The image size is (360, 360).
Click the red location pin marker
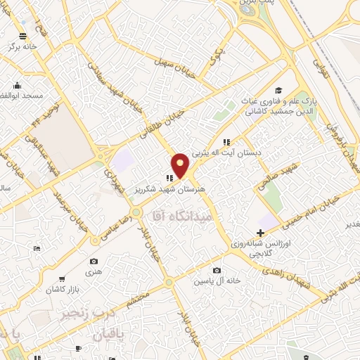click(181, 165)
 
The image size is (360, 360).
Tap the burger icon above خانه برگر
click(23, 36)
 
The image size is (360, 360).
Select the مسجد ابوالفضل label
click(22, 95)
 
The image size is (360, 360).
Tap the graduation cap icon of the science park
click(279, 90)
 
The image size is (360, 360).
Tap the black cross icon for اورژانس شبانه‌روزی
click(261, 233)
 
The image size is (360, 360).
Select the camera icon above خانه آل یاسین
click(217, 271)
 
